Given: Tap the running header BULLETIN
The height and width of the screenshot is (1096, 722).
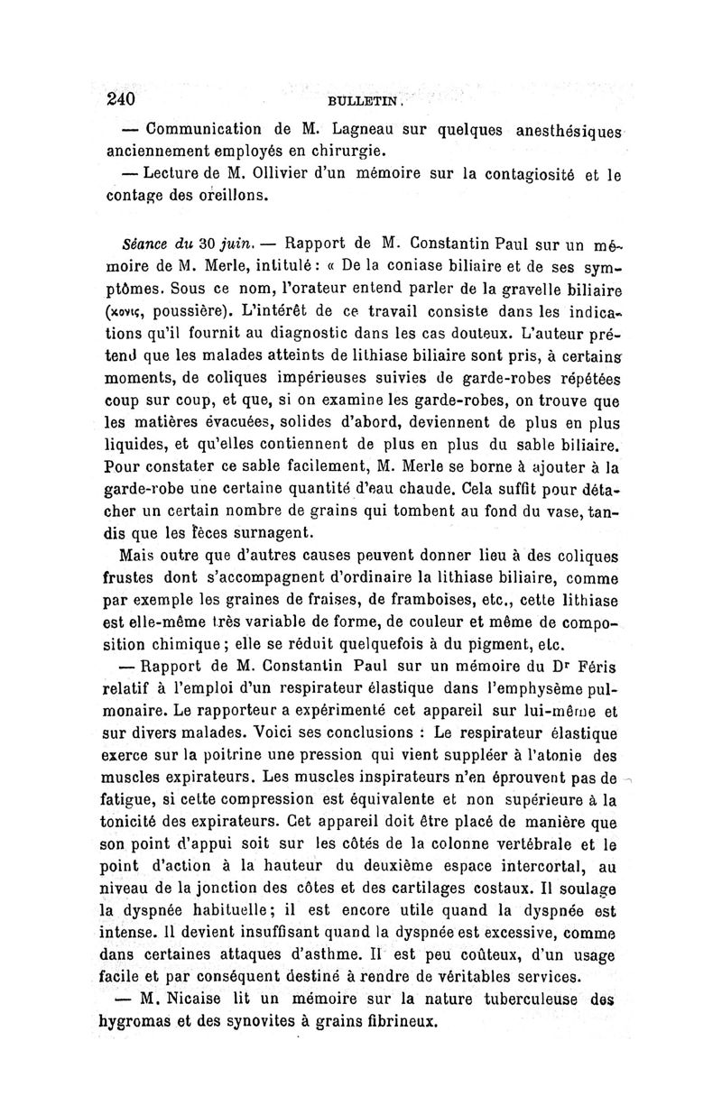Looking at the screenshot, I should pos(357,103).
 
